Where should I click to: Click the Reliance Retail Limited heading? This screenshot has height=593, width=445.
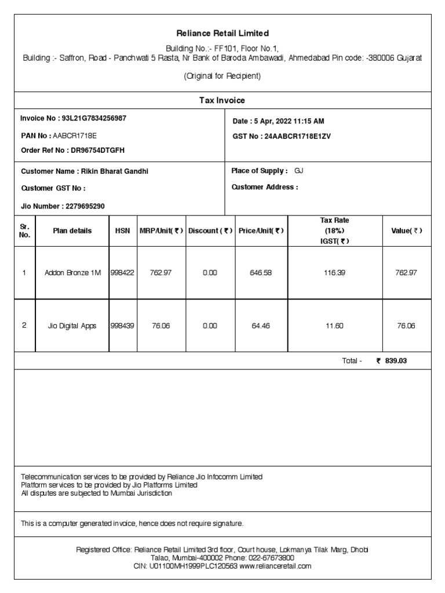pos(222,34)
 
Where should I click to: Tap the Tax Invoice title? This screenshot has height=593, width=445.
pos(222,100)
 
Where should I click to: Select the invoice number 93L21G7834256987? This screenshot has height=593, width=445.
pos(90,118)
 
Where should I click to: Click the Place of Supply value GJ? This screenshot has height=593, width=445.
pos(299,171)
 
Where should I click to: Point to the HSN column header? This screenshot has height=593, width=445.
pos(122,230)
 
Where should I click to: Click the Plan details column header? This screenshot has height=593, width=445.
pos(72,230)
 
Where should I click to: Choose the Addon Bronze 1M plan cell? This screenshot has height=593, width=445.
pos(72,272)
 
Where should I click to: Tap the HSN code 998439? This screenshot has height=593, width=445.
pos(122,325)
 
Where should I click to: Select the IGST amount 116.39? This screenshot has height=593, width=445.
pos(334,272)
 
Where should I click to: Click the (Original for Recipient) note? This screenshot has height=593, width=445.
pos(222,76)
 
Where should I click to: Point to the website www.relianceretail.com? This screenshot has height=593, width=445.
pos(275,566)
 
